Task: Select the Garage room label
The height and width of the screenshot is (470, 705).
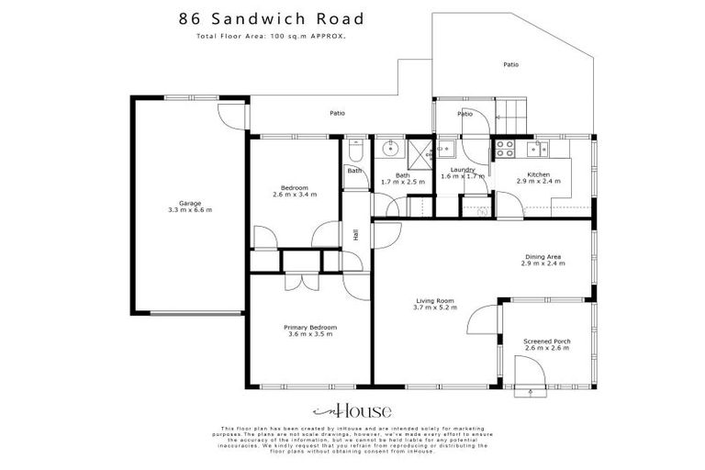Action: [x=190, y=207]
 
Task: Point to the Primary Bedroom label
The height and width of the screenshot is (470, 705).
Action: [x=309, y=328]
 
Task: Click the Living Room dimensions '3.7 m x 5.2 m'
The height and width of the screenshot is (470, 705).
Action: [x=436, y=307]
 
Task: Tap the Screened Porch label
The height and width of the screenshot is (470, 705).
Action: [x=549, y=341]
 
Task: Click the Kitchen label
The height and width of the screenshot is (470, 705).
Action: [x=538, y=174]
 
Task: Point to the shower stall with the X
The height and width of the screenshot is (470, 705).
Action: [x=420, y=152]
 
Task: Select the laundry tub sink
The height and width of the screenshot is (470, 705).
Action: [x=447, y=148]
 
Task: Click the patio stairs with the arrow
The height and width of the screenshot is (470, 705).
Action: [x=511, y=114]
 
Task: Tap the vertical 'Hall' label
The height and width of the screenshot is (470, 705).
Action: [x=355, y=234]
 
